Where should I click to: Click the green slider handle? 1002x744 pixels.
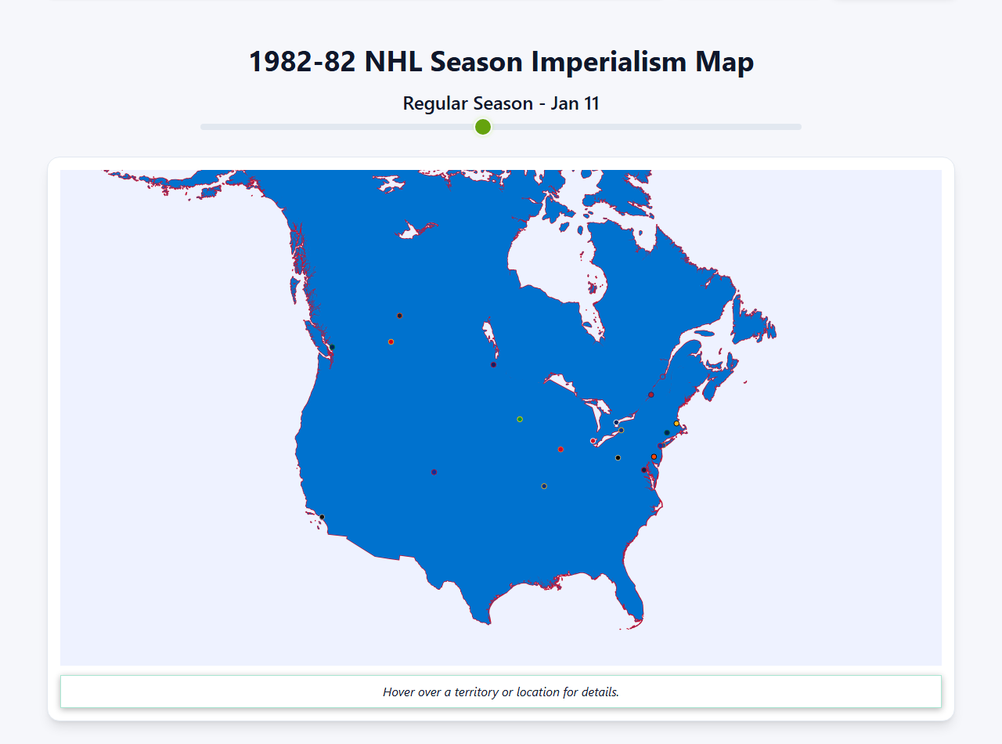(483, 127)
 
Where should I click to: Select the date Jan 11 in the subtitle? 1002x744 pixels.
(575, 103)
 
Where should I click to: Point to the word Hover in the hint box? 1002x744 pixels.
(399, 692)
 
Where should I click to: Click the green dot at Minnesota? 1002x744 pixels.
(520, 419)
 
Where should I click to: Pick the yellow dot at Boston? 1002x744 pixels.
(677, 424)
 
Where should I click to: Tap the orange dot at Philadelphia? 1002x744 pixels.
(654, 457)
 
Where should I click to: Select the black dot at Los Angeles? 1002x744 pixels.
(322, 517)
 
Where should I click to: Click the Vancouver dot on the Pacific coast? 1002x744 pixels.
(332, 347)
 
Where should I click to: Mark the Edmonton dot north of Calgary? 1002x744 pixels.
(399, 316)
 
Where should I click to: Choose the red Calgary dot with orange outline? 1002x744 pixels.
(391, 341)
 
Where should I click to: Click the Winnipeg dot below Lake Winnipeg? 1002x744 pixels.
(493, 364)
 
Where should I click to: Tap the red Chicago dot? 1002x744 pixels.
(560, 450)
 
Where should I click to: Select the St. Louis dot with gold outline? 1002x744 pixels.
(544, 486)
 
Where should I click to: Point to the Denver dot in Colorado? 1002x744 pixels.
(434, 471)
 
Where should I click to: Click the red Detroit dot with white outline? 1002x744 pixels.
(593, 441)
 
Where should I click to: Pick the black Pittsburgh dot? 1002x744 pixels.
(618, 457)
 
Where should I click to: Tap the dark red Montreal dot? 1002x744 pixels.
(651, 395)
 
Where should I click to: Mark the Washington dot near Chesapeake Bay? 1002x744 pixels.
(643, 470)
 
